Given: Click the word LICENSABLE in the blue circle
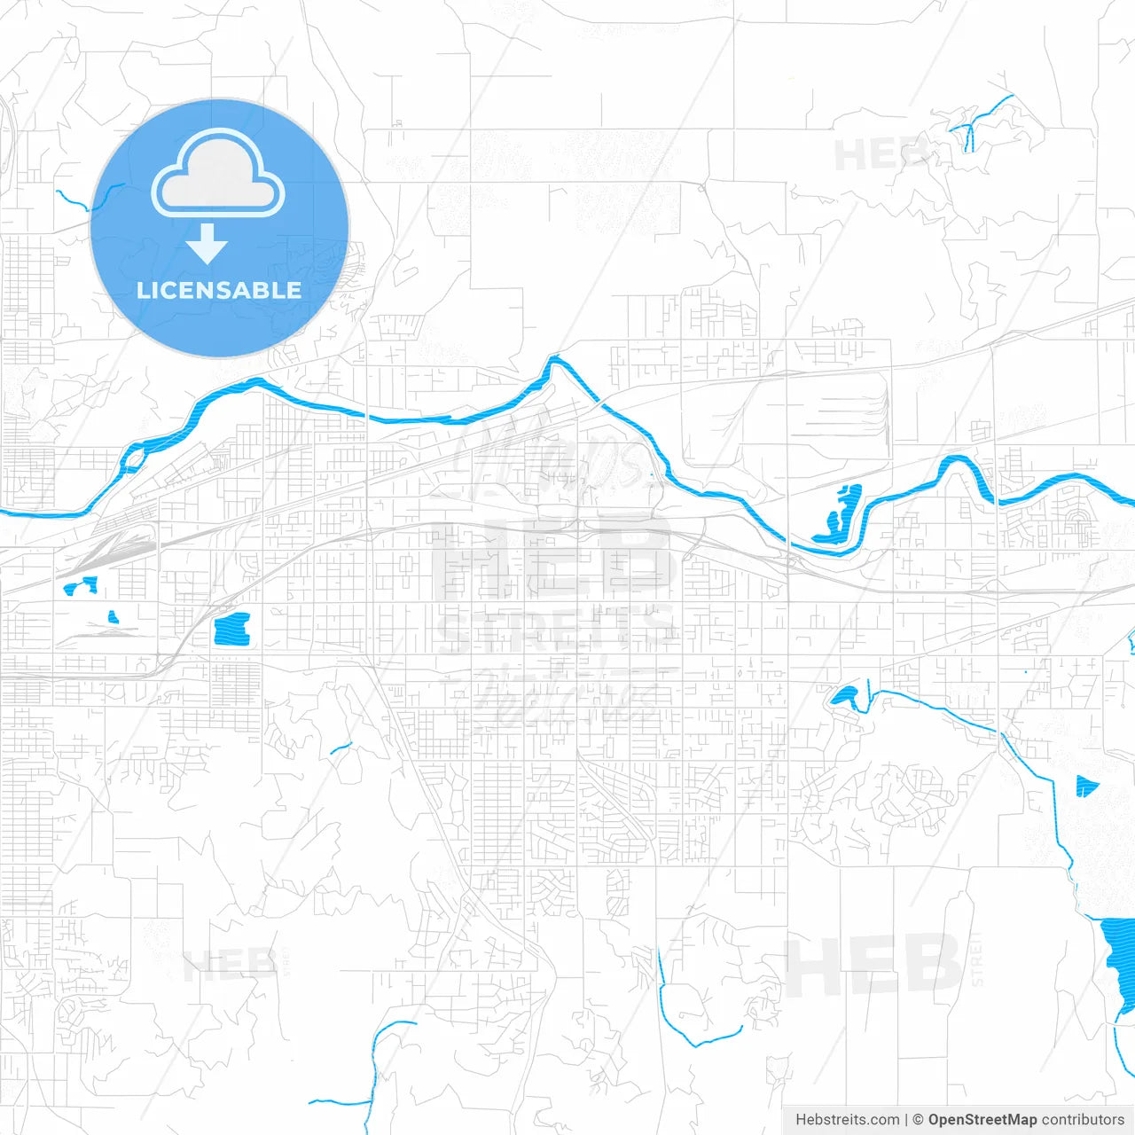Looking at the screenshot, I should [219, 290].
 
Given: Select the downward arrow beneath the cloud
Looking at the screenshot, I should [207, 244].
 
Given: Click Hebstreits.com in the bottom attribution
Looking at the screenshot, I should [847, 1120].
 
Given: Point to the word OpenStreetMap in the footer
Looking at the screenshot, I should [982, 1120].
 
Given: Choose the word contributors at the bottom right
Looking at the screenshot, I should [1082, 1120].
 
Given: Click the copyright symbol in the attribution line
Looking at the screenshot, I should [918, 1120].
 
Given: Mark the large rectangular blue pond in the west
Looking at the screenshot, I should [232, 628].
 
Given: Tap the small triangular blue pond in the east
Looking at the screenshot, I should [1084, 786].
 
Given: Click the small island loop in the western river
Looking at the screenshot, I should [133, 458].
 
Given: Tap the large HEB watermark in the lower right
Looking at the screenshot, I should [873, 966].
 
